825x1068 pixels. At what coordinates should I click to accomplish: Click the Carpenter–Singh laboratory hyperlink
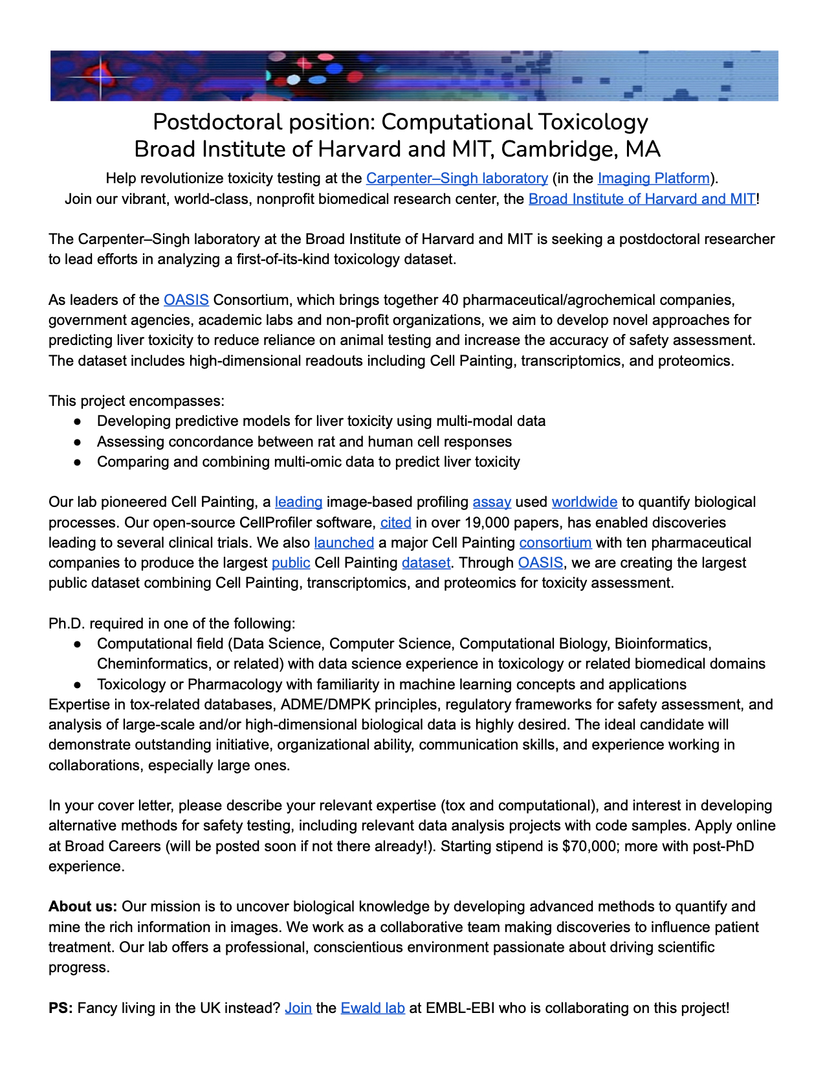457,179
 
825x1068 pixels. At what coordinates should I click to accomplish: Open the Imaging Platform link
654,179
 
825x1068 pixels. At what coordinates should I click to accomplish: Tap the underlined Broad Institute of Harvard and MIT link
642,199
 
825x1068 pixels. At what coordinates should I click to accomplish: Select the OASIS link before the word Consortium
186,300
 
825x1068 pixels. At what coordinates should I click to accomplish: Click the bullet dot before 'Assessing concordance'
77,442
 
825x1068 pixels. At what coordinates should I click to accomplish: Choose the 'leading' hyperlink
298,502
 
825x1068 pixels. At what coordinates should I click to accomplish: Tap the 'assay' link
492,502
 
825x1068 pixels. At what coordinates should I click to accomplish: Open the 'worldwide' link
584,502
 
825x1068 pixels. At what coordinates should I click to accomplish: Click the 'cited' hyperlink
395,522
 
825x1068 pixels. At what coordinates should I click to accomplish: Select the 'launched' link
344,542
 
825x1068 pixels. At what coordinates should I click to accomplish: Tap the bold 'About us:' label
83,907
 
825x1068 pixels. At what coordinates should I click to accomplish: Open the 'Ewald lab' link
373,1008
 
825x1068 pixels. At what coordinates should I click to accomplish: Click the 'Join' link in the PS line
298,1008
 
